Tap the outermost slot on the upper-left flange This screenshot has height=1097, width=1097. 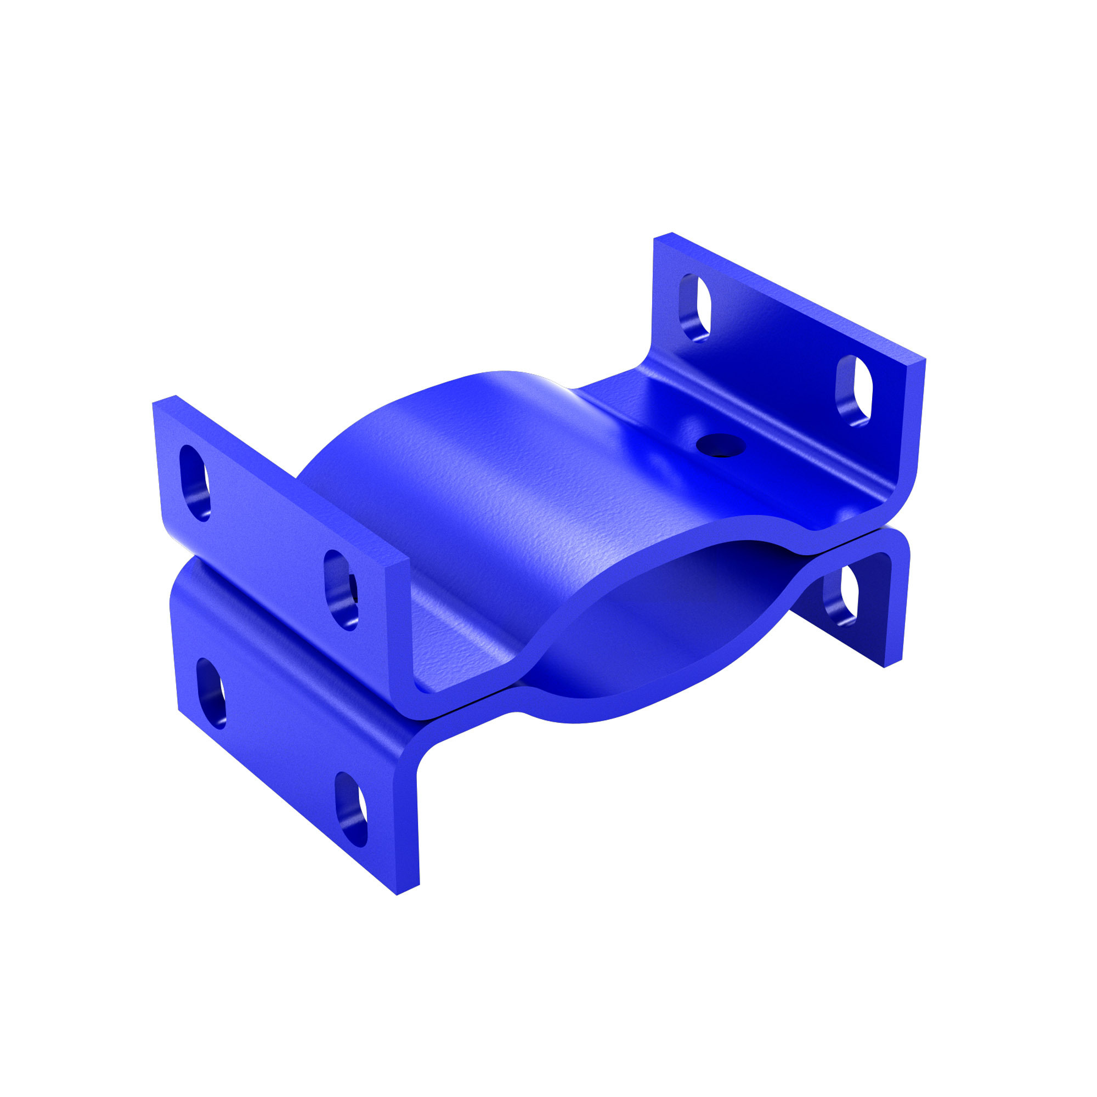click(x=194, y=482)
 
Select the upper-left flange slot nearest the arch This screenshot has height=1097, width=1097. click(x=341, y=590)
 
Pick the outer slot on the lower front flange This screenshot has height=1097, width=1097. click(x=211, y=693)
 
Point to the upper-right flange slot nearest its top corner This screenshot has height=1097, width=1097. click(x=695, y=308)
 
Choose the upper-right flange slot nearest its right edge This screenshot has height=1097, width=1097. click(x=853, y=391)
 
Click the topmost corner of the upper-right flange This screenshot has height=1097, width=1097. click(x=672, y=233)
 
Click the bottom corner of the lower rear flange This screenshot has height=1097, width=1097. click(x=885, y=666)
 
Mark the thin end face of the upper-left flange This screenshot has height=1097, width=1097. click(x=398, y=625)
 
